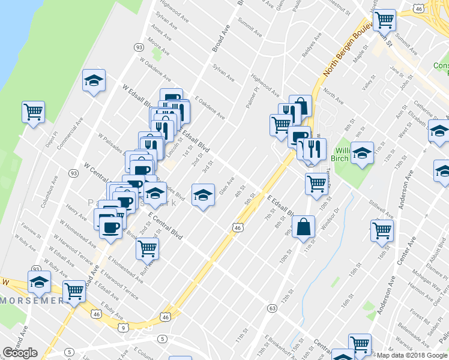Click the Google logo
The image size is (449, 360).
[x=20, y=353]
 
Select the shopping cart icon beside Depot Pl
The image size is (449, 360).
[x=34, y=112]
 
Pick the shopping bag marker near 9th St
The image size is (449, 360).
[x=304, y=227]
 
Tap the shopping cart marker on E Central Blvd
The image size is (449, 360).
[x=147, y=248]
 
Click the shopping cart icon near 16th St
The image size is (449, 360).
[x=382, y=230]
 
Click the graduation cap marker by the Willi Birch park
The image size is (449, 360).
[x=362, y=152]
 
